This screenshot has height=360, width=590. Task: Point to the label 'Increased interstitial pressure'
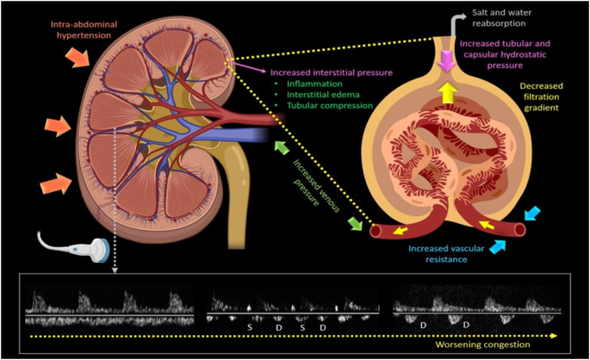coord(330,74)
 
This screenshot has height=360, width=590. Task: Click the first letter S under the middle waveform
coord(250,328)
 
